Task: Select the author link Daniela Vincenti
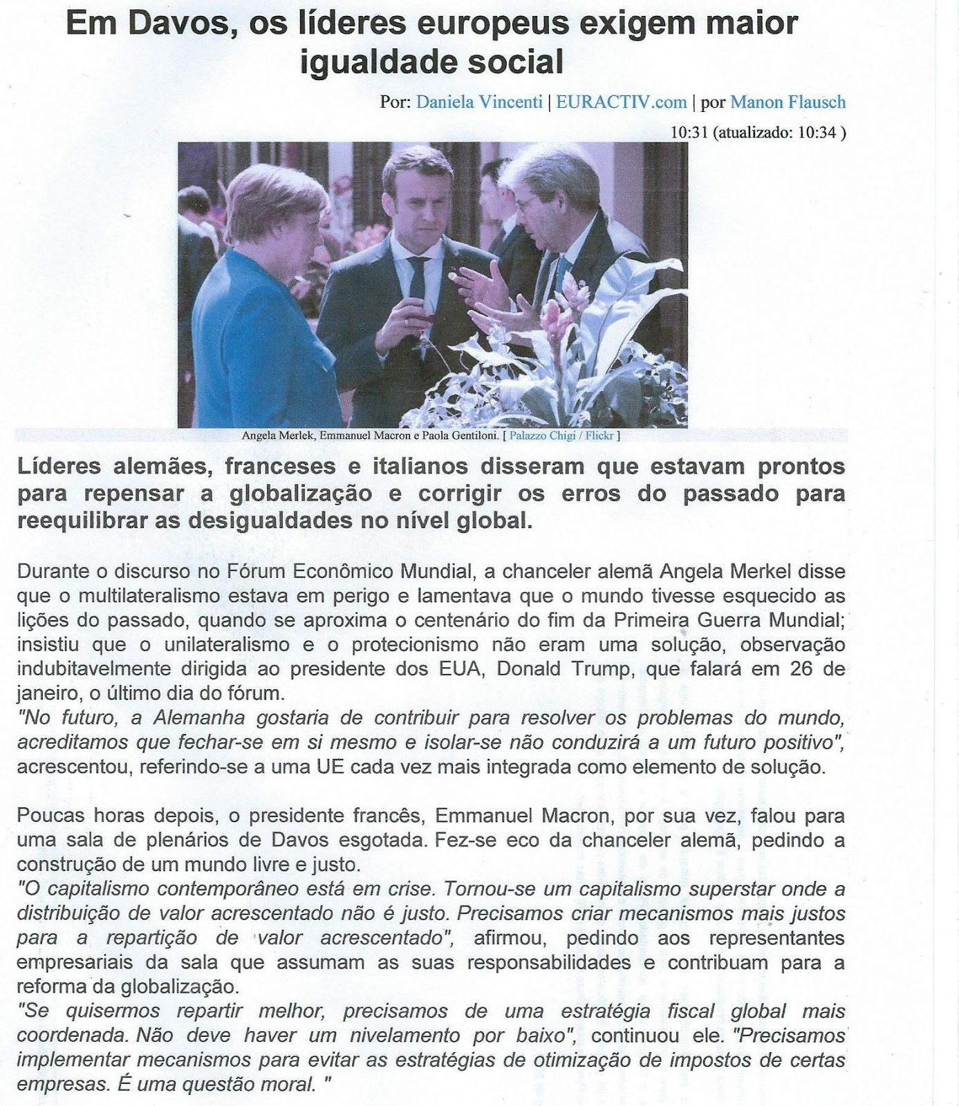click(479, 102)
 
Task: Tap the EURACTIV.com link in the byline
click(621, 102)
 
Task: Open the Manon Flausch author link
click(788, 102)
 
